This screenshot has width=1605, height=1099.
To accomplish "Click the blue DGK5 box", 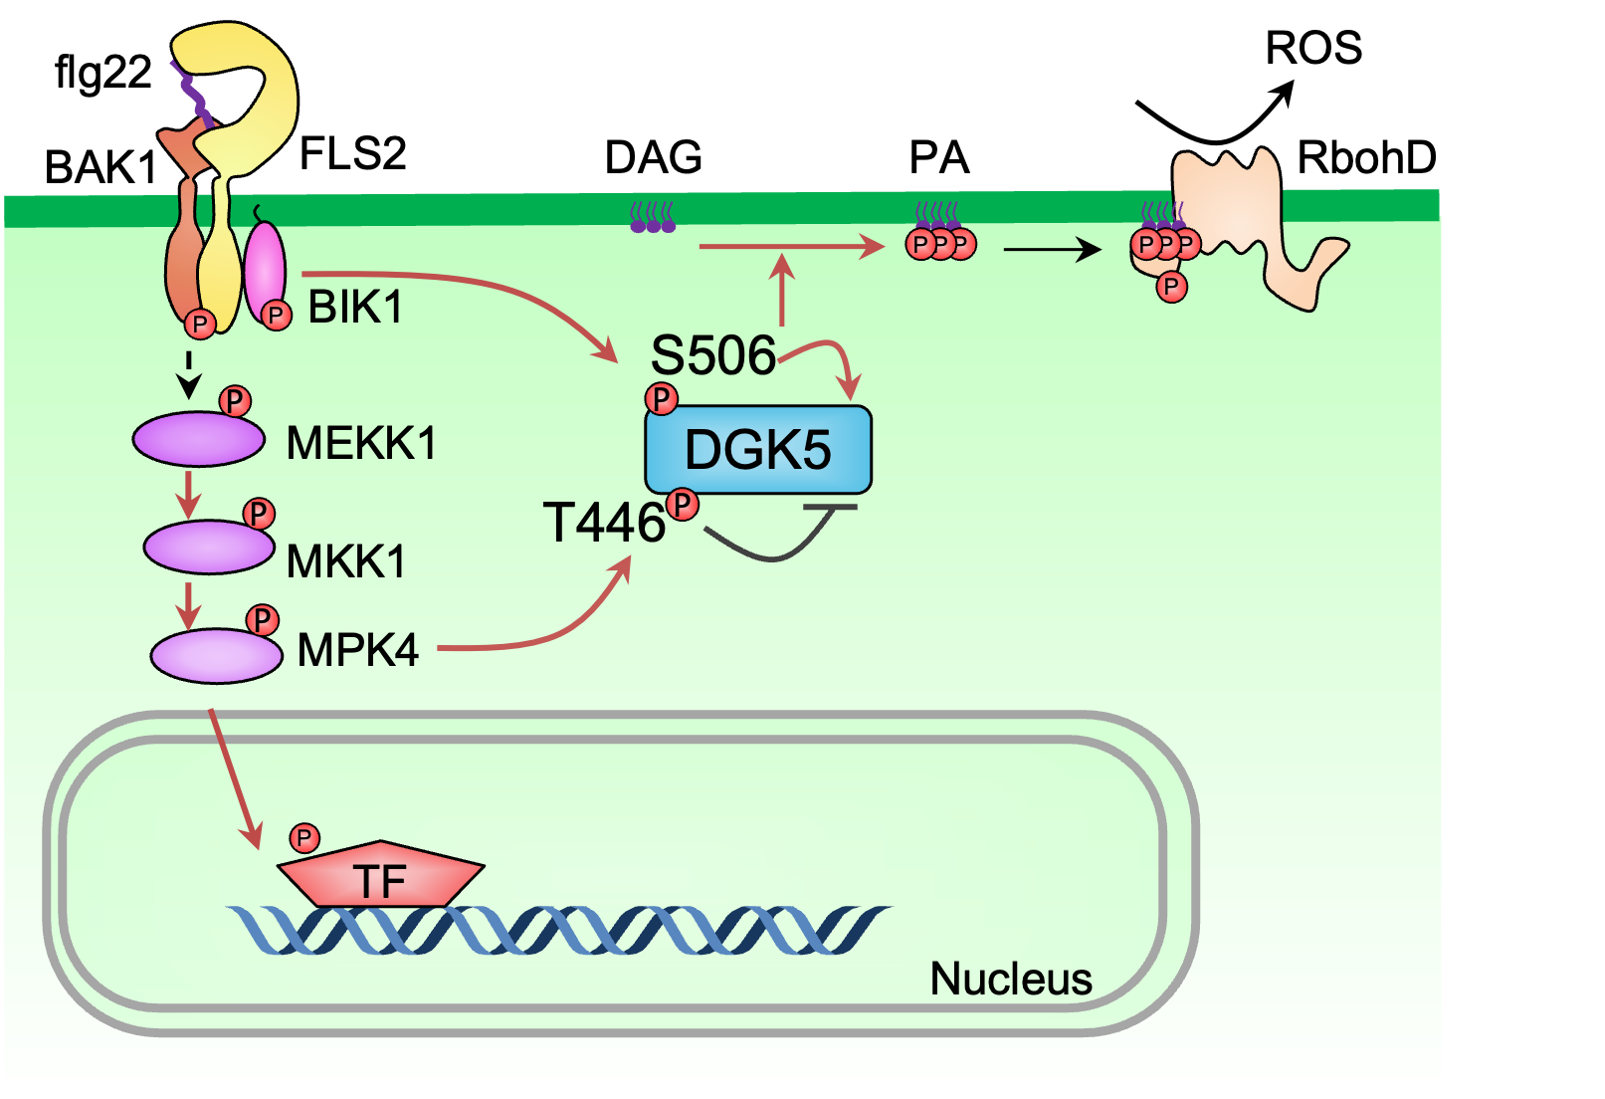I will pos(758,450).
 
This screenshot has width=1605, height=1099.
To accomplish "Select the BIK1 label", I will pos(355,307).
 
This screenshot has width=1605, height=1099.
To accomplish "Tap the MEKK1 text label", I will pos(360,443).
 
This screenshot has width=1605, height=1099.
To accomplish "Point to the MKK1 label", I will pos(345,561).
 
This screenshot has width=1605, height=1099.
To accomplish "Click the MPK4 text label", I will pos(357,650).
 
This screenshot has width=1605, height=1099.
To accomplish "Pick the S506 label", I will pos(712,355).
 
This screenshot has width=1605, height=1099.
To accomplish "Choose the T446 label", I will pos(603,523).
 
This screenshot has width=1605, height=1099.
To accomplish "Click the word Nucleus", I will pos(1010,979).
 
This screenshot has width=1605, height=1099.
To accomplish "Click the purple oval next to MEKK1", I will pos(199,439).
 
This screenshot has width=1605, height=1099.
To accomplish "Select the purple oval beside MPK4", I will pos(216,655).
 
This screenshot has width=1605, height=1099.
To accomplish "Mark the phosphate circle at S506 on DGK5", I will pos(662,399).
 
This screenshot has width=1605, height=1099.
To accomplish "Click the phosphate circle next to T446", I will pos(683,505).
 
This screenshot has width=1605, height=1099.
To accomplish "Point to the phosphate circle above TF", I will pos(304,838).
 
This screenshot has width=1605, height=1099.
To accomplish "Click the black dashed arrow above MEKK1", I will pos(188,374).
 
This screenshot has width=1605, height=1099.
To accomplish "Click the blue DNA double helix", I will pos(557,930).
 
